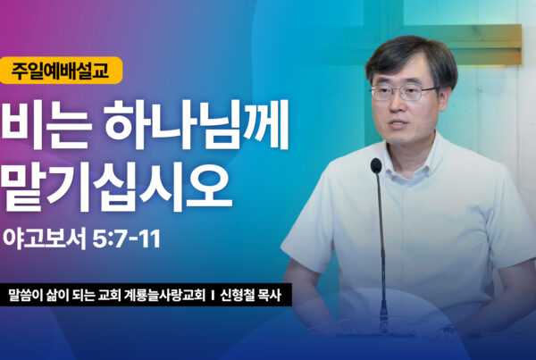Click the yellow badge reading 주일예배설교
tap(61, 71)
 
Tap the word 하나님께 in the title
tap(197, 124)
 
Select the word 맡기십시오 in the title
tap(116, 187)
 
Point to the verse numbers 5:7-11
tap(127, 239)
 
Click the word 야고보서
tap(45, 239)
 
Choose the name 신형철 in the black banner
tap(237, 296)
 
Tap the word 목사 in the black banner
tap(270, 296)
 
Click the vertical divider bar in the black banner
tap(213, 296)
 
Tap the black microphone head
tap(376, 165)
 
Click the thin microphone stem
tap(381, 247)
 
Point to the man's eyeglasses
tap(404, 92)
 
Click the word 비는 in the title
tap(46, 124)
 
